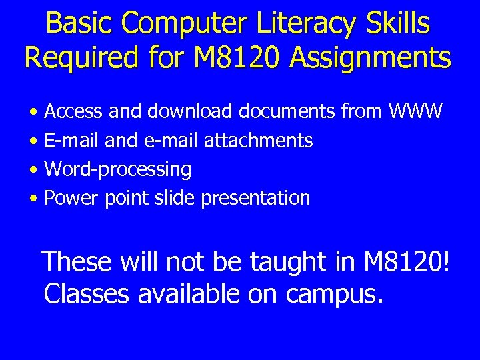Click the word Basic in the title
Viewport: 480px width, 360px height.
click(x=74, y=24)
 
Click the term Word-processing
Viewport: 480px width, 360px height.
click(x=117, y=169)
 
